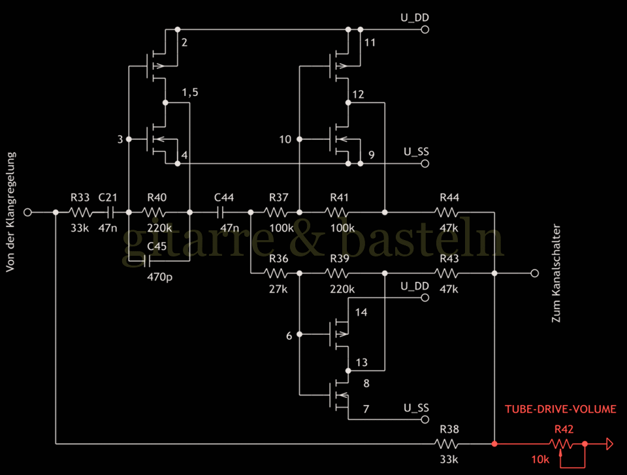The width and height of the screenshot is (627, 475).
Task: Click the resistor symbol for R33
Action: [x=82, y=212]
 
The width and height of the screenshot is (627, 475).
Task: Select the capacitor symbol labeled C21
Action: [x=110, y=212]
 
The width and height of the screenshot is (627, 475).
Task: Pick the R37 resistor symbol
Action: [x=275, y=212]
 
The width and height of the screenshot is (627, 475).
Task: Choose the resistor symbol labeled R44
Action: [x=448, y=212]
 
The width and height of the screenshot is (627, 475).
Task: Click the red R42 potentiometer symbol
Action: [x=560, y=444]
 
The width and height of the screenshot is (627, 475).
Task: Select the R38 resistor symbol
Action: [x=448, y=444]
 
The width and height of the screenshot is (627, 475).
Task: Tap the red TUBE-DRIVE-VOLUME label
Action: [x=560, y=409]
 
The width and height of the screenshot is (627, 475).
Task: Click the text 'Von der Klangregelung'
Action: [x=12, y=213]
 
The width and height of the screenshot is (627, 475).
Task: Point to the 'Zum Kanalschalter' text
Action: [x=556, y=274]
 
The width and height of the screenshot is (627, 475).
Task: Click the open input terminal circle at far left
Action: [x=28, y=212]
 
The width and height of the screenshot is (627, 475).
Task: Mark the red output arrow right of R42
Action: [x=609, y=444]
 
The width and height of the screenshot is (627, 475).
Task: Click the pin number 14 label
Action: [x=361, y=313]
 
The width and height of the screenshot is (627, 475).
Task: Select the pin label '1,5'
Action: [x=189, y=92]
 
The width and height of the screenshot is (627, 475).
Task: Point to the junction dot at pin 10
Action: [x=299, y=139]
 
